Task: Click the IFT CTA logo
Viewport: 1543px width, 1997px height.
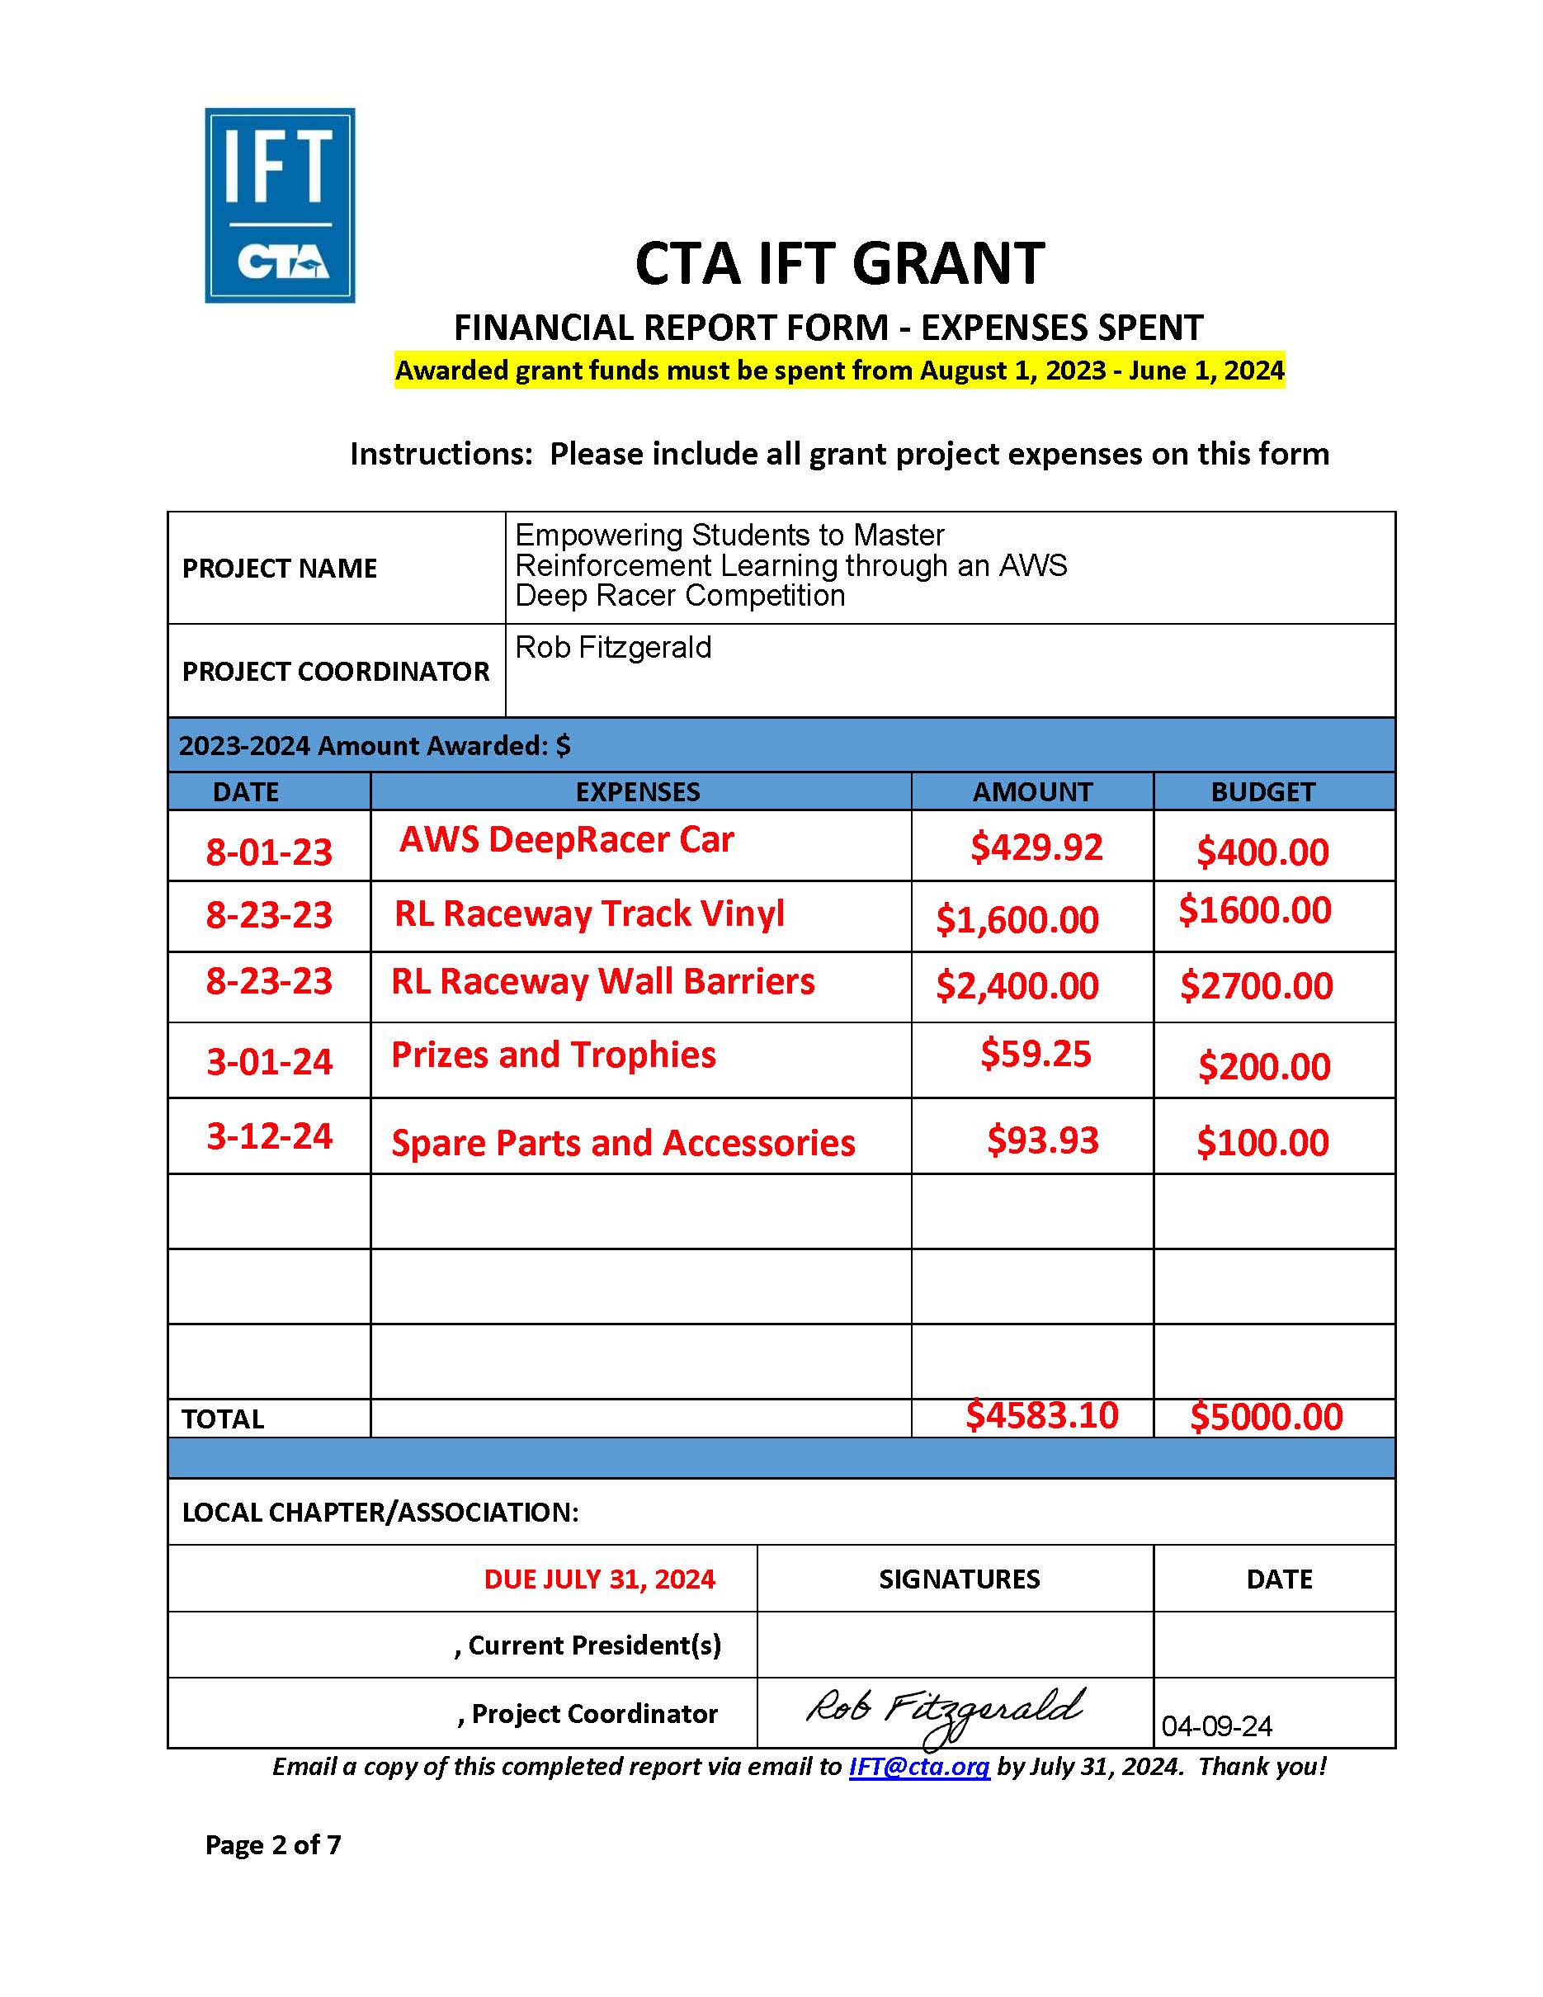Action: (x=280, y=205)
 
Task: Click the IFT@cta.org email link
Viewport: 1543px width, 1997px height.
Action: (x=918, y=1766)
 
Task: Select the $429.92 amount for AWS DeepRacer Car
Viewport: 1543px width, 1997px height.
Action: (x=1036, y=847)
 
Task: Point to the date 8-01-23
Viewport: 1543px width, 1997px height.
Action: (x=269, y=852)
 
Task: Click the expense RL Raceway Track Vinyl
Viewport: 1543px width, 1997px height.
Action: (x=588, y=914)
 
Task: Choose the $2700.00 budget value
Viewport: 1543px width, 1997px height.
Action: (x=1256, y=985)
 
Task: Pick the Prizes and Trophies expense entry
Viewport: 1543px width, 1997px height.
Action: (x=553, y=1055)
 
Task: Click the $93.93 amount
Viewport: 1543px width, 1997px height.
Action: (x=1042, y=1140)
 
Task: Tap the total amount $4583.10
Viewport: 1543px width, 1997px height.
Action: (x=1041, y=1415)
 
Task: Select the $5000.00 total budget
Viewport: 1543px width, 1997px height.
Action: (x=1266, y=1417)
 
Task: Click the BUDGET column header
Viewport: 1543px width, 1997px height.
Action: (x=1262, y=792)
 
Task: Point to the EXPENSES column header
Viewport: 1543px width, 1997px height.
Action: (x=637, y=792)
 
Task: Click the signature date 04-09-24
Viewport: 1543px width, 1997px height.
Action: (x=1217, y=1726)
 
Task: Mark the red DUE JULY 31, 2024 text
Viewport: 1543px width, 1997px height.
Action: (x=599, y=1579)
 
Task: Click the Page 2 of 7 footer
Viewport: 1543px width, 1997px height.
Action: (x=272, y=1844)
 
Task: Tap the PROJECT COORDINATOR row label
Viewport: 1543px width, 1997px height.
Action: (x=336, y=671)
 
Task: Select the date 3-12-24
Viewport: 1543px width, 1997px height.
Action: (x=269, y=1136)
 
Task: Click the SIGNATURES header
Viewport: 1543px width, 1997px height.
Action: (x=959, y=1579)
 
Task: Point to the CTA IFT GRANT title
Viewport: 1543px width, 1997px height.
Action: (x=839, y=263)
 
